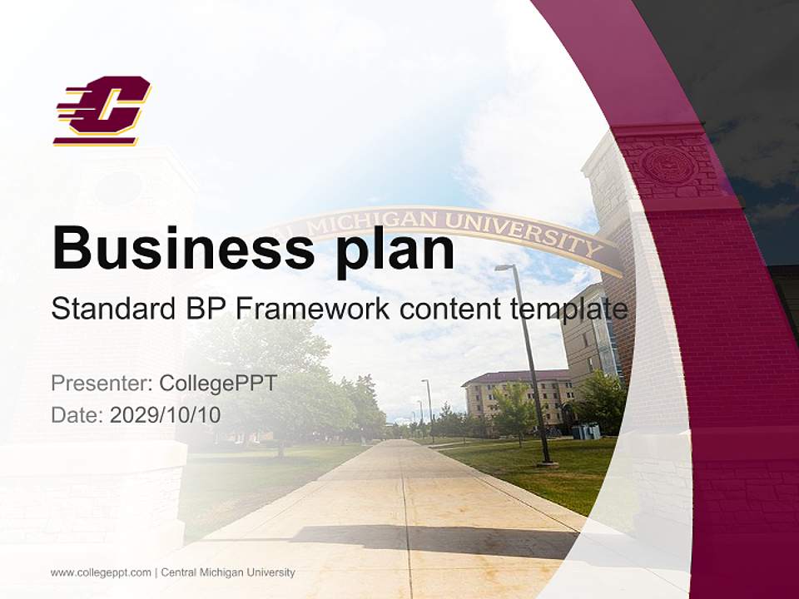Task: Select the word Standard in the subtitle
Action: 112,309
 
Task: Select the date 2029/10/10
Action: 166,414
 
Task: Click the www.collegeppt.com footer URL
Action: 101,572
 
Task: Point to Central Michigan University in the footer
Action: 228,572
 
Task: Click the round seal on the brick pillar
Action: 668,165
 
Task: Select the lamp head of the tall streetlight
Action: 504,268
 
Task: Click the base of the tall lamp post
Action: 546,459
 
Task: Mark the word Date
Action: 77,414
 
